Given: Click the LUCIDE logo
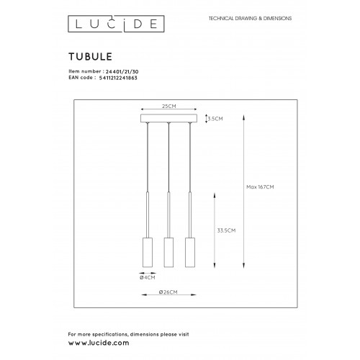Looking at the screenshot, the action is tap(116, 24).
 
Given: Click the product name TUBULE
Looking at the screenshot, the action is tap(91, 57).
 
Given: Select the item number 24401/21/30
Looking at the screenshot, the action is tap(122, 71).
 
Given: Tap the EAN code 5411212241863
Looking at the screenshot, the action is tap(118, 78).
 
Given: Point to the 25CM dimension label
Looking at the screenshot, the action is tap(169, 106).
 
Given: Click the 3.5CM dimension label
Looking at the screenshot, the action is tap(215, 119).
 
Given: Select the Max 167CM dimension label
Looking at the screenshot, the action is tap(260, 187).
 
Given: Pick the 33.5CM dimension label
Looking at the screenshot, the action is tap(226, 230).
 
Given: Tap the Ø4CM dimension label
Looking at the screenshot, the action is tap(148, 277).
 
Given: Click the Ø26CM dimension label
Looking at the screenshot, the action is tap(168, 292).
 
